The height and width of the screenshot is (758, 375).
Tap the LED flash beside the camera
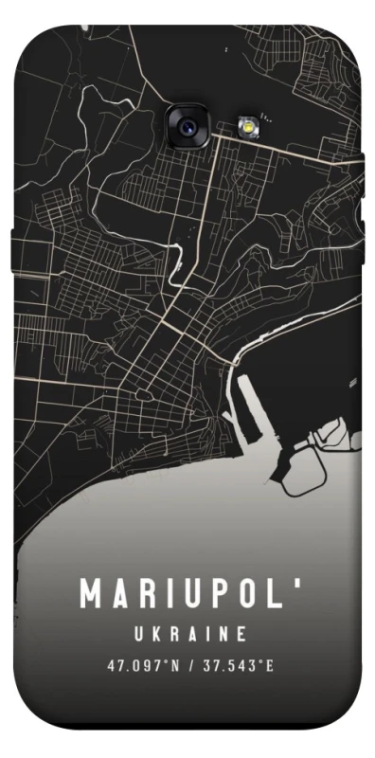247,124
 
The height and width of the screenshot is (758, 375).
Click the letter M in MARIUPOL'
91,594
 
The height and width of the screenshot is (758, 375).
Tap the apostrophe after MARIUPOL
298,585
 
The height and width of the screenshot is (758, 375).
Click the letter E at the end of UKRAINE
244,632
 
